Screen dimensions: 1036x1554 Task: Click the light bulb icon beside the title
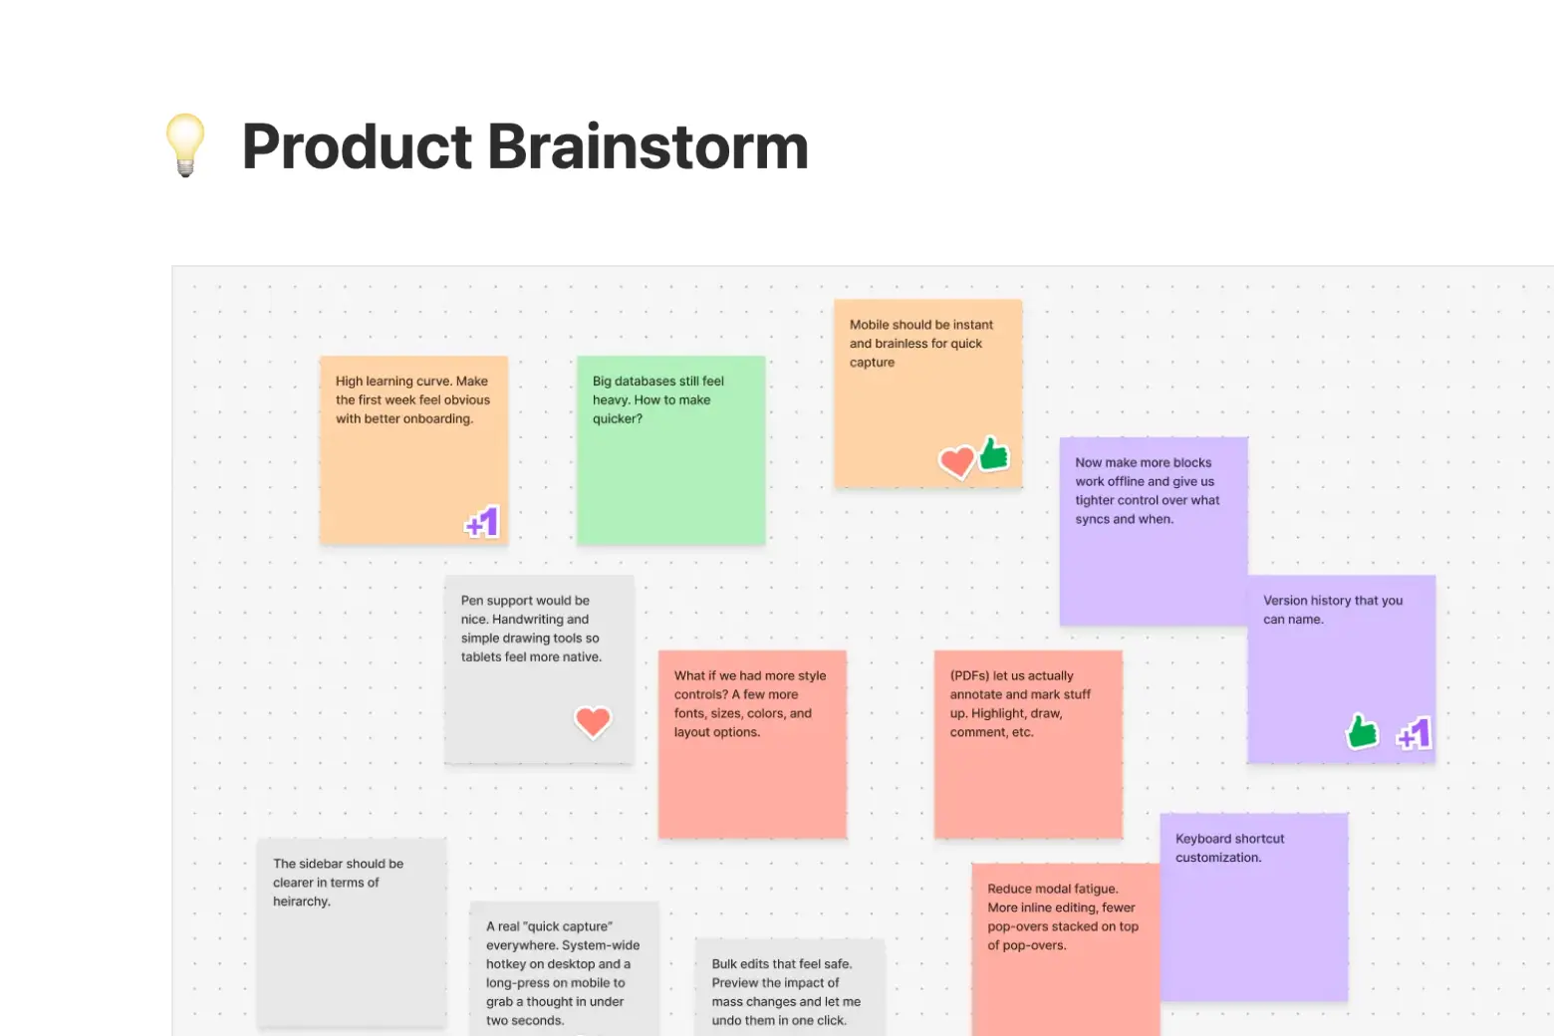(185, 145)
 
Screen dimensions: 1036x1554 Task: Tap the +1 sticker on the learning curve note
(482, 522)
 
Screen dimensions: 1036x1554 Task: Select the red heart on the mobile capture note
(956, 461)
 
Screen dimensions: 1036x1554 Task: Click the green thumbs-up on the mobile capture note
(993, 454)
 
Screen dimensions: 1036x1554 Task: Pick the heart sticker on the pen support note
(593, 721)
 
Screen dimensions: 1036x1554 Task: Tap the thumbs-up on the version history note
(1362, 731)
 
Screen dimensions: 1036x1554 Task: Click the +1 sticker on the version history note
(1414, 734)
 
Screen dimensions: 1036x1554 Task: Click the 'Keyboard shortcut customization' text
(1229, 848)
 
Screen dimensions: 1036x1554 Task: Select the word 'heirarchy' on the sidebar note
(301, 902)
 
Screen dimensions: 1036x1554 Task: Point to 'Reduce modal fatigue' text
(1052, 889)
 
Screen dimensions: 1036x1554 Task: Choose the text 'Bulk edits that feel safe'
(781, 964)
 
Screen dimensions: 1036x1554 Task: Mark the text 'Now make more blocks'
(1143, 463)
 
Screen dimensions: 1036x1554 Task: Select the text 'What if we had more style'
(749, 675)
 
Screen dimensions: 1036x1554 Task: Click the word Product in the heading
(357, 147)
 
